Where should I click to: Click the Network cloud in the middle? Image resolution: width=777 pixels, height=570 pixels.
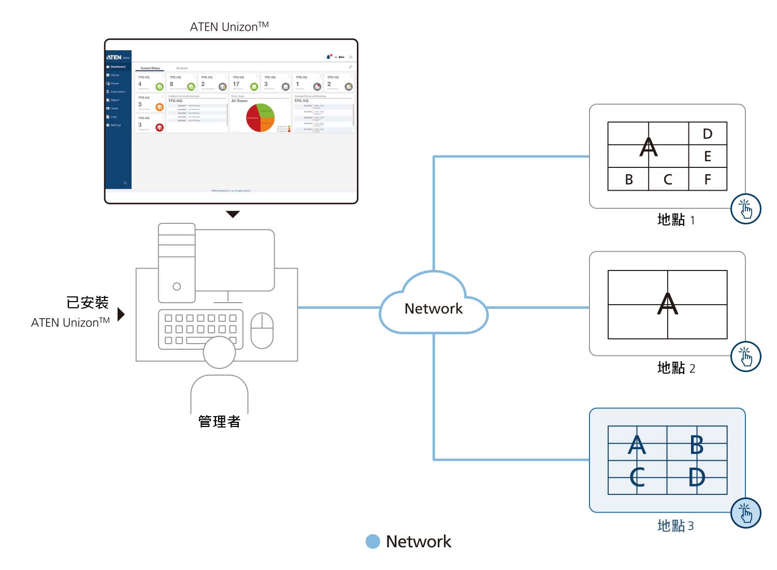pyautogui.click(x=434, y=308)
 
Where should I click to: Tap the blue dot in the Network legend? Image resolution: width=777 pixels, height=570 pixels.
pyautogui.click(x=372, y=541)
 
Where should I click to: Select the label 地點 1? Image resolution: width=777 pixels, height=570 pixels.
pyautogui.click(x=675, y=220)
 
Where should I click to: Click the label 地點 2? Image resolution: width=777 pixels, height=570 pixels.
pyautogui.click(x=675, y=368)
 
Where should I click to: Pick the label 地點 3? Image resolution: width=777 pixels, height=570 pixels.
pyautogui.click(x=675, y=525)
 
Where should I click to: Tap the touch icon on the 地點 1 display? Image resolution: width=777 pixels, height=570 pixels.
pyautogui.click(x=745, y=209)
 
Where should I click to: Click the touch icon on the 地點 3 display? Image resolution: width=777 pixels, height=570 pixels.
pyautogui.click(x=745, y=513)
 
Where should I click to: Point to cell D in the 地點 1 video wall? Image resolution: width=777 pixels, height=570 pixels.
pyautogui.click(x=708, y=134)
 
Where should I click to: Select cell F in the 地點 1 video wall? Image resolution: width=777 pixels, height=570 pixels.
pyautogui.click(x=708, y=179)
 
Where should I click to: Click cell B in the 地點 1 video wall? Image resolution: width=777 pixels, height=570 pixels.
pyautogui.click(x=628, y=179)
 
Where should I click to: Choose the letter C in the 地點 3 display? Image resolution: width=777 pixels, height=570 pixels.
pyautogui.click(x=637, y=477)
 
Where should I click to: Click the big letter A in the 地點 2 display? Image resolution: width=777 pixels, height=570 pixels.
pyautogui.click(x=667, y=304)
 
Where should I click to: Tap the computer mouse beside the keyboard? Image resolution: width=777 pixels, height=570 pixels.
pyautogui.click(x=262, y=331)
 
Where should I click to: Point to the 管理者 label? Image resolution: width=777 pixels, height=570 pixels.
pyautogui.click(x=219, y=421)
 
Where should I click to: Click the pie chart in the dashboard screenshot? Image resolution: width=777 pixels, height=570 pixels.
pyautogui.click(x=260, y=118)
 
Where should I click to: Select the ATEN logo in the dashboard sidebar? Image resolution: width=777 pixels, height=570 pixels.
pyautogui.click(x=114, y=57)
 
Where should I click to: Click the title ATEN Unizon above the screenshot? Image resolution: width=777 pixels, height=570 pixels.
pyautogui.click(x=229, y=26)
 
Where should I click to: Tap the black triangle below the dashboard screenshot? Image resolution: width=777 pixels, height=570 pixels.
pyautogui.click(x=233, y=214)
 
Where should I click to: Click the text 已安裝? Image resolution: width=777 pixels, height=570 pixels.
pyautogui.click(x=88, y=302)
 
